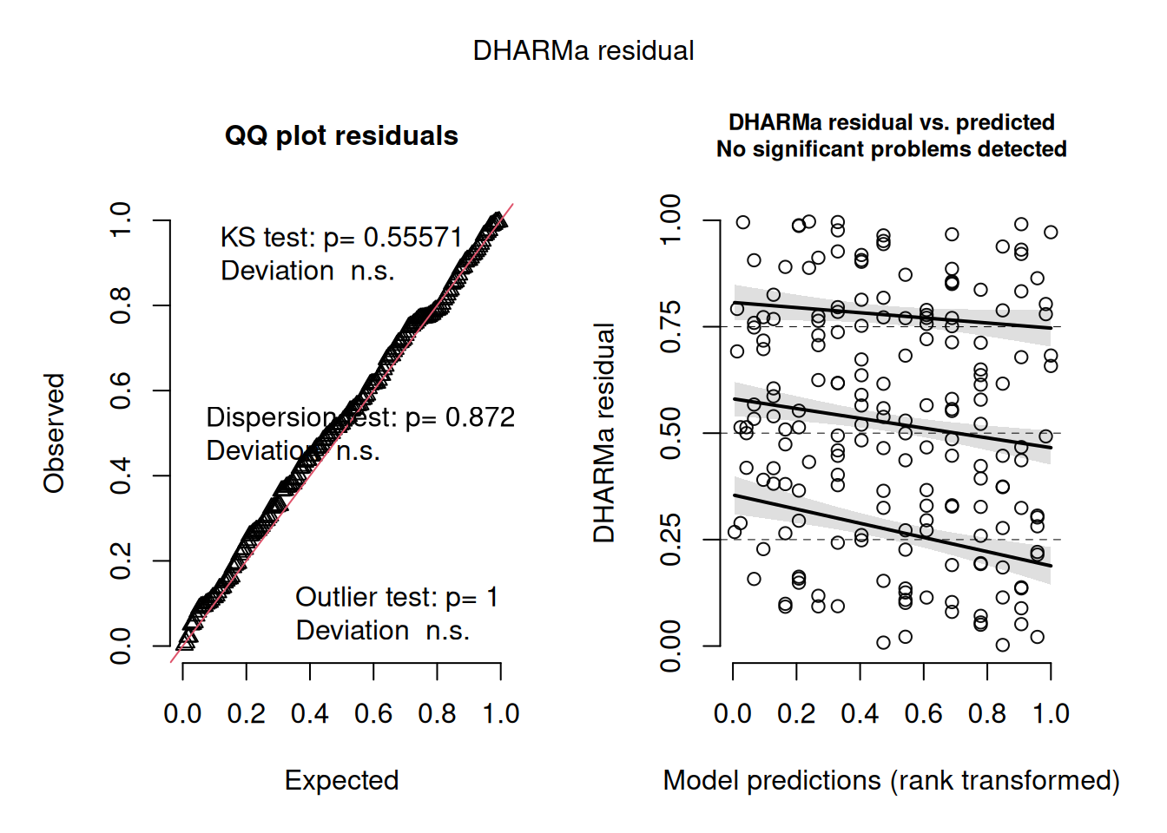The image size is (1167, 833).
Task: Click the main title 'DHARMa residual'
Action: click(x=583, y=50)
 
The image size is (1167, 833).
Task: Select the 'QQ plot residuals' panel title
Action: click(x=341, y=135)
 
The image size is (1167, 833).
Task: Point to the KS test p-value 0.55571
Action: click(x=412, y=237)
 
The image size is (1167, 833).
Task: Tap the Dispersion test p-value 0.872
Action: click(x=480, y=417)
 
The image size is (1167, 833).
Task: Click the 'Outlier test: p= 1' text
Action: click(x=397, y=597)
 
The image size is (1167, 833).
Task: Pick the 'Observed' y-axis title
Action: click(x=55, y=433)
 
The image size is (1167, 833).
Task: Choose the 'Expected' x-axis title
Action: click(x=341, y=780)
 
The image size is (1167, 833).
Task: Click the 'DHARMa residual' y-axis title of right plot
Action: click(x=604, y=433)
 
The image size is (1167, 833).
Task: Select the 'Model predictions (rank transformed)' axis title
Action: click(x=891, y=780)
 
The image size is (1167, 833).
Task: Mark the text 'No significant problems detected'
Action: click(x=891, y=149)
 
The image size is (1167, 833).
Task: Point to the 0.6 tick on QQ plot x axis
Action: click(x=373, y=713)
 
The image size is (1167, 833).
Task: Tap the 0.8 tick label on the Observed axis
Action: click(x=120, y=305)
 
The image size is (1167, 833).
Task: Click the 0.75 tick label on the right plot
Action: click(x=670, y=327)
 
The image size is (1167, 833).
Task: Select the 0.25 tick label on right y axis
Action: click(x=670, y=540)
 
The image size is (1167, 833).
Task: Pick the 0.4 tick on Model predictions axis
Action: click(x=860, y=713)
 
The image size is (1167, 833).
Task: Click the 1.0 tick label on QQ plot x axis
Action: click(x=501, y=713)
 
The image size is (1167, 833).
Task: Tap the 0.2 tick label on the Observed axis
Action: click(x=120, y=561)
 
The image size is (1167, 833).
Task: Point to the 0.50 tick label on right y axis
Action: click(x=670, y=433)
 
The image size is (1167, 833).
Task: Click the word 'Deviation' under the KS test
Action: click(x=277, y=271)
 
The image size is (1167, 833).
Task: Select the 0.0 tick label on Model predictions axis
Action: click(x=733, y=713)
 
